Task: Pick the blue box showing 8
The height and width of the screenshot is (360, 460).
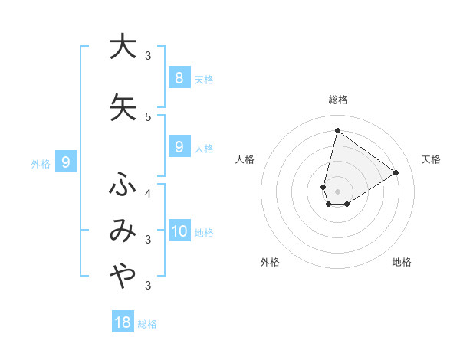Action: pos(179,77)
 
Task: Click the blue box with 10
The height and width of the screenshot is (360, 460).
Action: pos(179,231)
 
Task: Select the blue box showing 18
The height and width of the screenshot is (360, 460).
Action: pos(123,322)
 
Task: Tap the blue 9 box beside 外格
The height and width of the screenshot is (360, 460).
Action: pos(66,162)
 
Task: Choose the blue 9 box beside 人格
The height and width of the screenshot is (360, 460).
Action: pos(179,146)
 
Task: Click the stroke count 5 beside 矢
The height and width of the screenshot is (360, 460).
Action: pos(148,116)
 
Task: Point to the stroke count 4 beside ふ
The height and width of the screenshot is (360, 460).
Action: pos(148,193)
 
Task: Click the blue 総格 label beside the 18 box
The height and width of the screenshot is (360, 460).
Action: pos(147,324)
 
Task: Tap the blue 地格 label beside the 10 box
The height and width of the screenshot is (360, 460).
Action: pos(204,233)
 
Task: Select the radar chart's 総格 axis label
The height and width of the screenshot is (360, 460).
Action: pos(338,100)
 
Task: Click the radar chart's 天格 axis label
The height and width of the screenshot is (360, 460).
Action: pos(431,159)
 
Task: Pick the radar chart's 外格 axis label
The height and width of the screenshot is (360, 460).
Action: pos(270,262)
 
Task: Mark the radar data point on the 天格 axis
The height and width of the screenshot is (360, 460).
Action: pos(396,172)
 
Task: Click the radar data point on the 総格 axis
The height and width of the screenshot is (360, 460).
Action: pos(337,130)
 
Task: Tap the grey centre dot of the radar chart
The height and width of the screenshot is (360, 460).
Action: pos(337,191)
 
